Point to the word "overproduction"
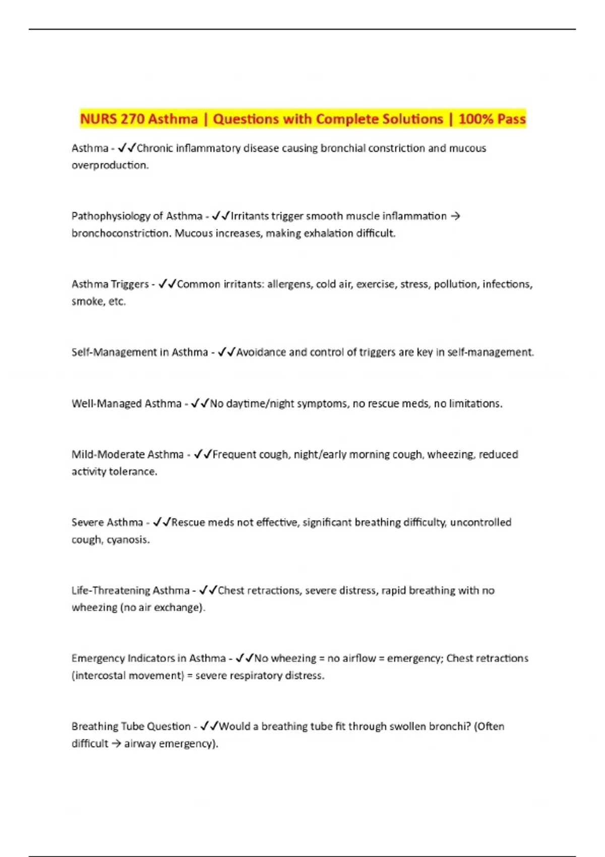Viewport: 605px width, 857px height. pyautogui.click(x=109, y=165)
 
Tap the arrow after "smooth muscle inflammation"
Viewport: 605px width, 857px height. pyautogui.click(x=455, y=216)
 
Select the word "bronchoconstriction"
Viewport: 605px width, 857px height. pyautogui.click(x=120, y=233)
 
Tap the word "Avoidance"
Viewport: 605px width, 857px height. pyautogui.click(x=261, y=352)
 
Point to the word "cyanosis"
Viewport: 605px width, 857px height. pyautogui.click(x=128, y=540)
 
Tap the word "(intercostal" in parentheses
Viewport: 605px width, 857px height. pyautogui.click(x=98, y=676)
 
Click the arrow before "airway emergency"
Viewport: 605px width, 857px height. pyautogui.click(x=116, y=744)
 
